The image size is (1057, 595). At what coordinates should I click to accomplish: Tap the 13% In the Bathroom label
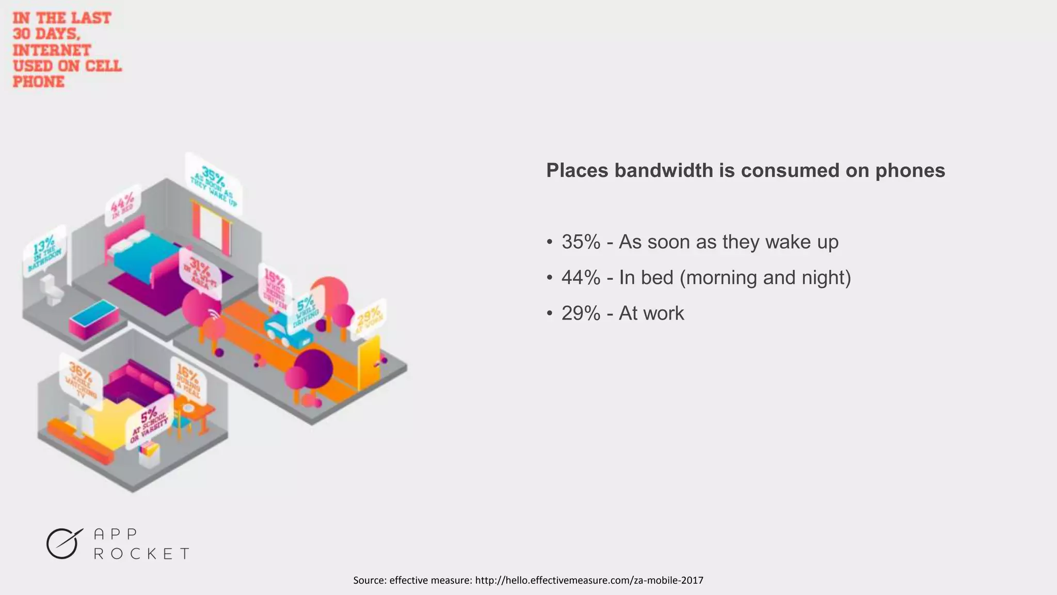click(x=45, y=250)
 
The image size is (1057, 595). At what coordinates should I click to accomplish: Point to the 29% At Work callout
click(x=369, y=318)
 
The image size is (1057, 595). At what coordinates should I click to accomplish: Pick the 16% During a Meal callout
click(x=188, y=380)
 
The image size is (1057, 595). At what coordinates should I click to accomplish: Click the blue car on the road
click(x=288, y=331)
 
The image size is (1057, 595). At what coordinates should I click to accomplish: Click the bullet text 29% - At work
click(x=622, y=314)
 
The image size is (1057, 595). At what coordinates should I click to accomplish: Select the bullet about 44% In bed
click(x=706, y=278)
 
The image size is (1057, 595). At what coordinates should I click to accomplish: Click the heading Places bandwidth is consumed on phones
click(x=745, y=170)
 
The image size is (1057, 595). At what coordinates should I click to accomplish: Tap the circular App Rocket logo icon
click(x=63, y=544)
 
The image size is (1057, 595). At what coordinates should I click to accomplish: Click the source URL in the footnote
click(x=589, y=581)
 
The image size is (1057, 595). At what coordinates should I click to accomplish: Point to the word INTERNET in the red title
click(x=52, y=50)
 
